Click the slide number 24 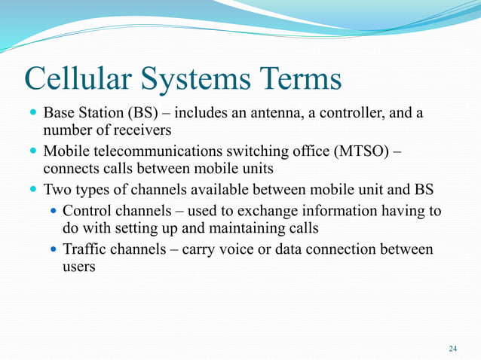pyautogui.click(x=452, y=348)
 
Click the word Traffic pyautogui.click(x=84, y=249)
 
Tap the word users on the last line pyautogui.click(x=78, y=267)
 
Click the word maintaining pyautogui.click(x=226, y=227)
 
